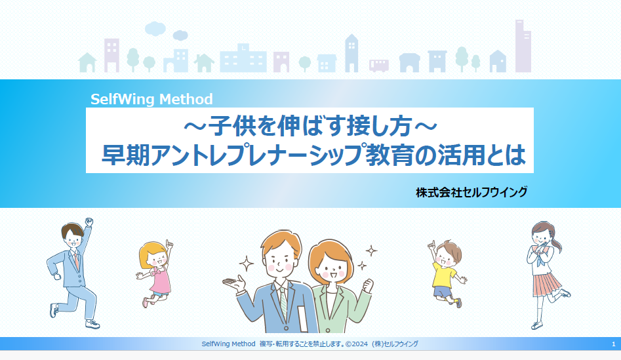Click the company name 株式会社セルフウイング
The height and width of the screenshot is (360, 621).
471,192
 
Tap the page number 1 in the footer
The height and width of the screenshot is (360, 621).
614,344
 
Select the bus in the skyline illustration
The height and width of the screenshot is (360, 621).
378,66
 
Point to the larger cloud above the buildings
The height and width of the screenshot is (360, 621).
155,28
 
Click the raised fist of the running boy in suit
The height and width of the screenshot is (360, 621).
89,222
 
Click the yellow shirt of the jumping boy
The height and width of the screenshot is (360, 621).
444,275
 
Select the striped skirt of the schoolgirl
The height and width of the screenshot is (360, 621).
547,284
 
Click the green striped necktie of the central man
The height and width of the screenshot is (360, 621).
283,303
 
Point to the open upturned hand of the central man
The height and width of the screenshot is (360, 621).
234,283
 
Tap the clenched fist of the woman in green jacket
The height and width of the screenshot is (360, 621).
368,285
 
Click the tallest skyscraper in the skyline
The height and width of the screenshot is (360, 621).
523,46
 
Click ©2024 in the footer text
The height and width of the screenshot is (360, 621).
357,344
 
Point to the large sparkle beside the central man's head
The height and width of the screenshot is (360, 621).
246,264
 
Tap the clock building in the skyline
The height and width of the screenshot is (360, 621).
243,58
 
